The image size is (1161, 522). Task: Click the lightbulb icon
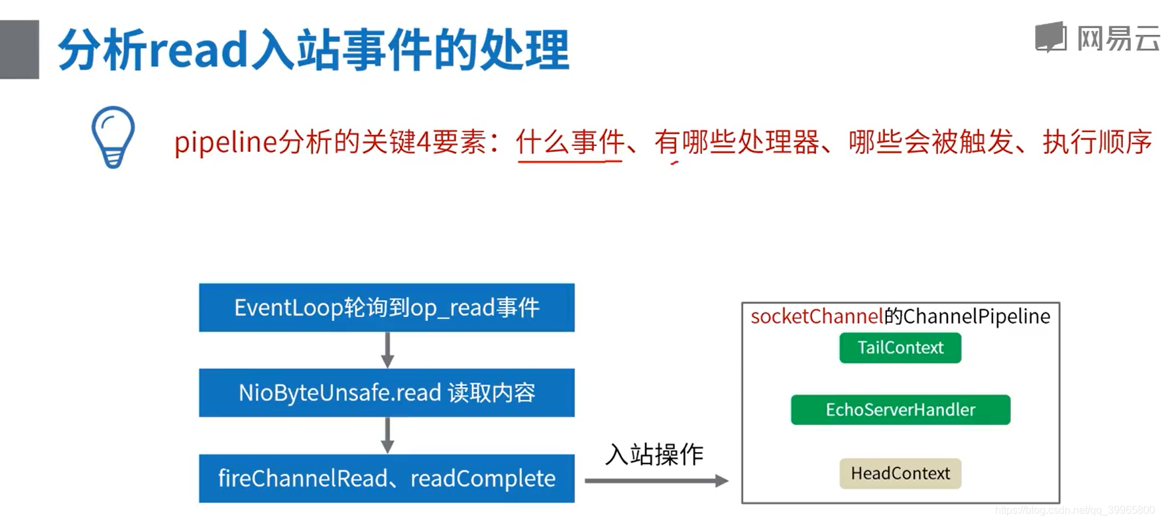pos(113,137)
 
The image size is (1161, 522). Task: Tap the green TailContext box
pos(899,348)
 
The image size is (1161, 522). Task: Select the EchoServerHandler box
pos(900,410)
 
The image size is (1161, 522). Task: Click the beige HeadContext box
pos(900,474)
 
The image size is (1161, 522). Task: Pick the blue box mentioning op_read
pos(387,308)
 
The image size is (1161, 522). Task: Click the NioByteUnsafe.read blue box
pos(387,393)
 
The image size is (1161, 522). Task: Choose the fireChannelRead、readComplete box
pos(387,479)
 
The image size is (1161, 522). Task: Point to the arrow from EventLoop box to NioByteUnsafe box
pos(387,350)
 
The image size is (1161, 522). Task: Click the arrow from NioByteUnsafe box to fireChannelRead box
pos(387,436)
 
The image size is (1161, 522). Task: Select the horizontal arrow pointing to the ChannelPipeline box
pos(656,481)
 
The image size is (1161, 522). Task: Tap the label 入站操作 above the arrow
pos(654,455)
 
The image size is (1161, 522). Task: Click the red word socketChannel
pos(817,317)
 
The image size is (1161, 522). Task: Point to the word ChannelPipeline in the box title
pos(976,317)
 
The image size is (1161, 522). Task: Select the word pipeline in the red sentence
pos(226,142)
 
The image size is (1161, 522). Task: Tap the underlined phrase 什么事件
pos(570,142)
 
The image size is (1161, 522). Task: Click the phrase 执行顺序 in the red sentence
pos(1097,142)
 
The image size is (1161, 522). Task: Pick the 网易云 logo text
pos(1117,39)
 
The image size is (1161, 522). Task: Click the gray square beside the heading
pos(20,50)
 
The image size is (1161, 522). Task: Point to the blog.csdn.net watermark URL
pos(1074,510)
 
